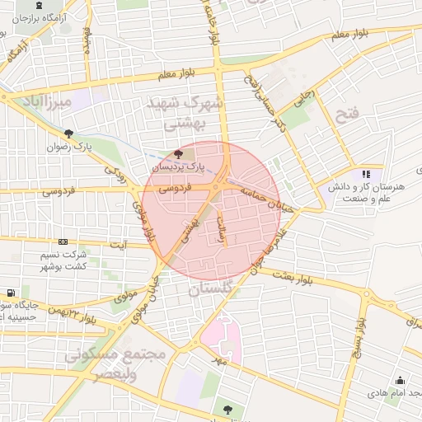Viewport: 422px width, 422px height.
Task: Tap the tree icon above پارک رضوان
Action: [68, 134]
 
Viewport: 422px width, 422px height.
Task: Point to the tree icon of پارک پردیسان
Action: [180, 154]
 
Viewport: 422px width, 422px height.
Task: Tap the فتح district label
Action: [347, 115]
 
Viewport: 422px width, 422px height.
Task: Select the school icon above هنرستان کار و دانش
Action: [367, 174]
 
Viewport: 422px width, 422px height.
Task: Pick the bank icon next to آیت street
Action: [63, 241]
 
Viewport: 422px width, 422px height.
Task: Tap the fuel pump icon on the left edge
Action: [9, 293]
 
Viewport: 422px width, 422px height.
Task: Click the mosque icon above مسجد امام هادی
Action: [401, 381]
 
